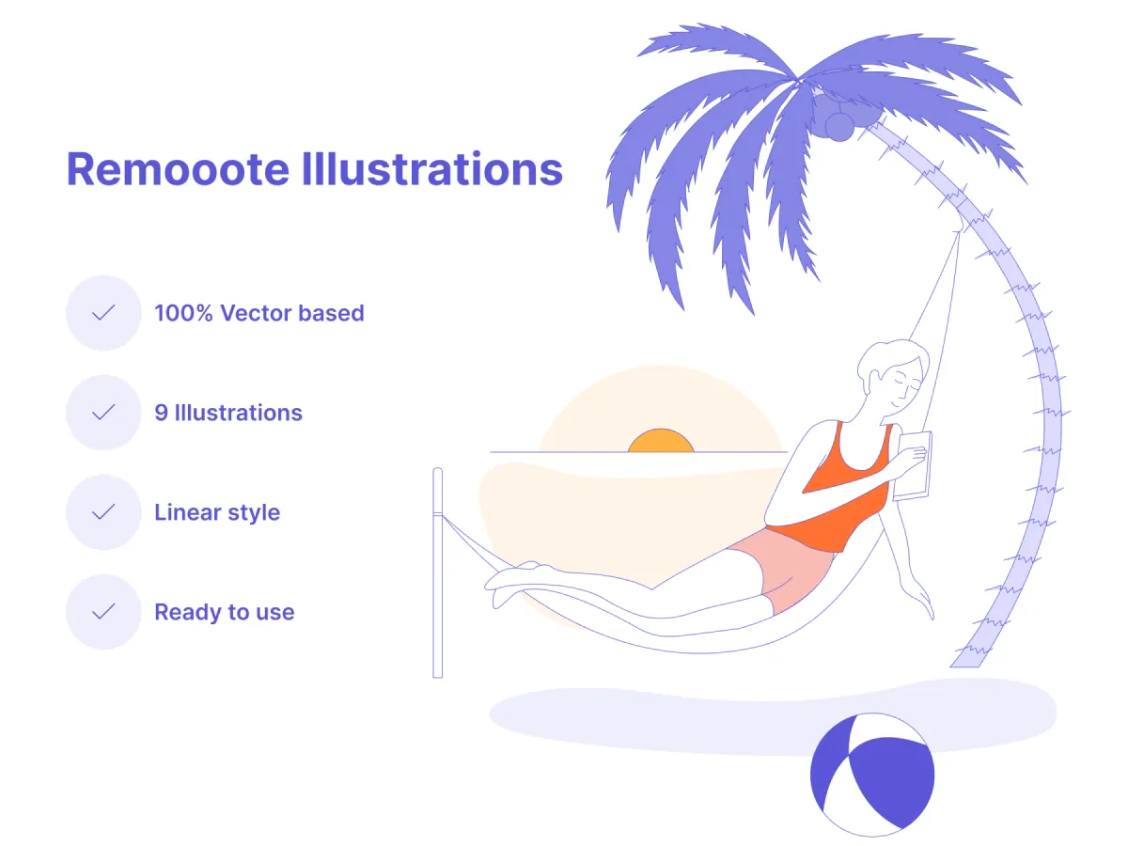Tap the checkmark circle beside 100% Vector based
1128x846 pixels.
pyautogui.click(x=103, y=313)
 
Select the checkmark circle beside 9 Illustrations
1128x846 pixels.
pyautogui.click(x=103, y=413)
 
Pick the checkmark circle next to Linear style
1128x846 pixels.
pyautogui.click(x=103, y=512)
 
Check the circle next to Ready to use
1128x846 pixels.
pyautogui.click(x=103, y=612)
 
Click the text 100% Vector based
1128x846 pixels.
pyautogui.click(x=259, y=313)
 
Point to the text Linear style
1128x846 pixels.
pyautogui.click(x=217, y=512)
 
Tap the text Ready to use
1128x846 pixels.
pyautogui.click(x=225, y=612)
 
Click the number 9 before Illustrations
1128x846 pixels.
pyautogui.click(x=161, y=413)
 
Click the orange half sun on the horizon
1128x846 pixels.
pyautogui.click(x=660, y=442)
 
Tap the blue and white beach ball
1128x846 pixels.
pyautogui.click(x=872, y=774)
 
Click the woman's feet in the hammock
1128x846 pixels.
pyautogui.click(x=512, y=578)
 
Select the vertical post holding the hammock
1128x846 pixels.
pyautogui.click(x=437, y=573)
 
